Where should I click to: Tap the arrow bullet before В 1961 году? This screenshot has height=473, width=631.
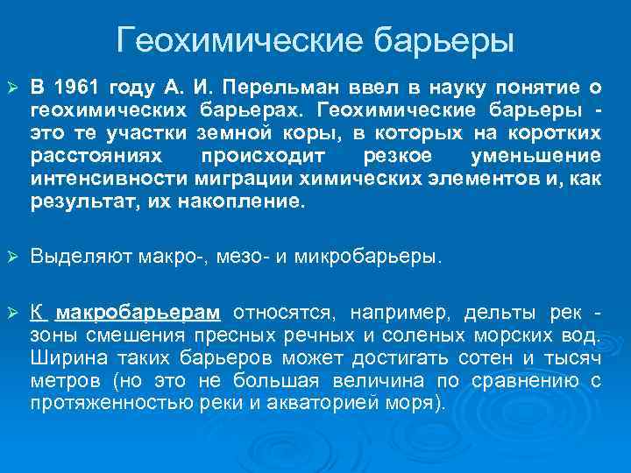click(12, 88)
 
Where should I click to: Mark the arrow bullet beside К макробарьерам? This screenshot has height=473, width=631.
click(12, 314)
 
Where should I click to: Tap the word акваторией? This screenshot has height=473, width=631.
click(338, 404)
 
